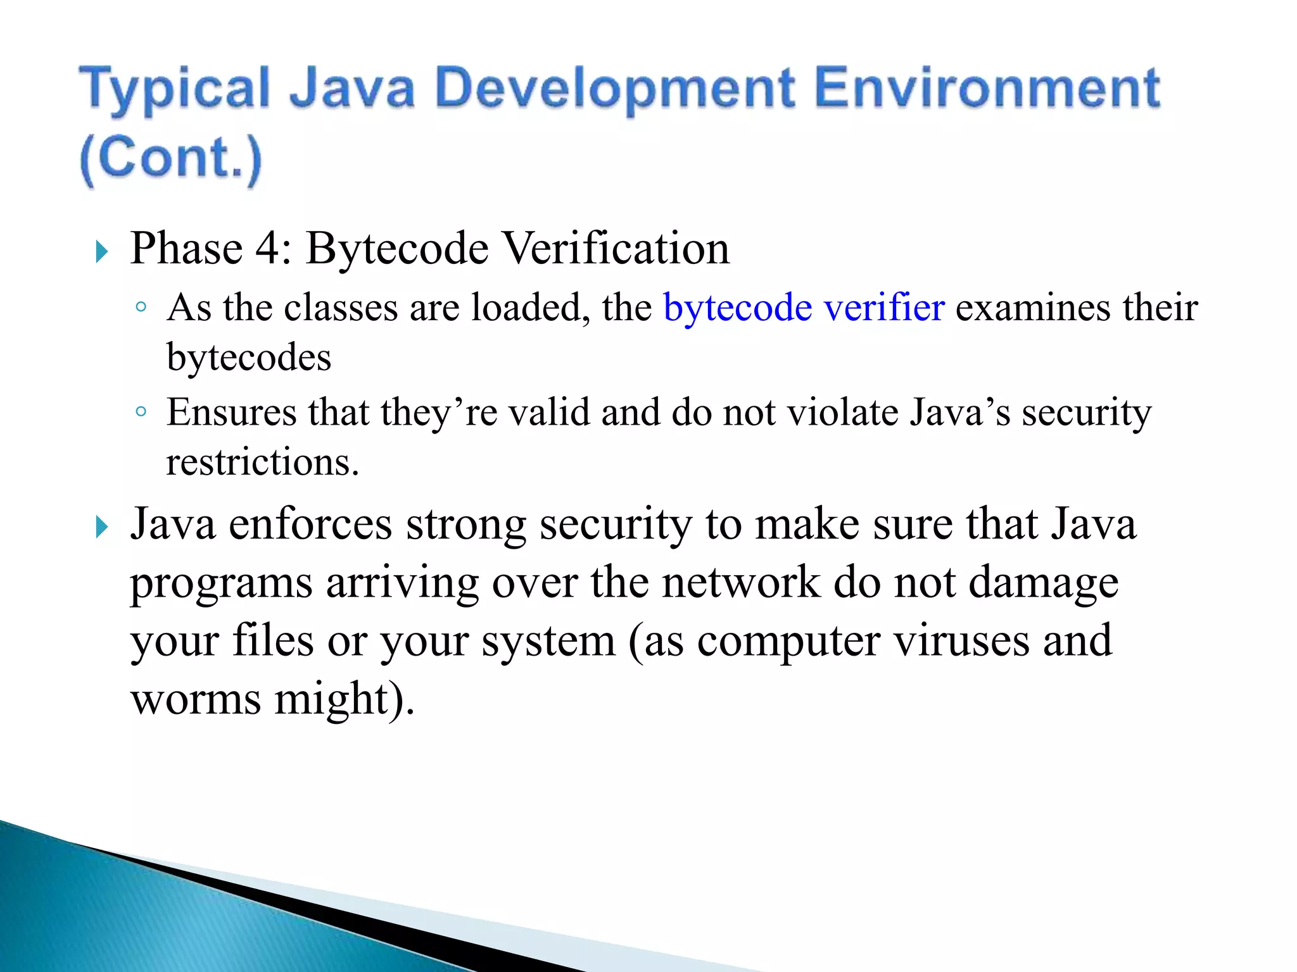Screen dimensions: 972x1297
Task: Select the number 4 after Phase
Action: point(269,248)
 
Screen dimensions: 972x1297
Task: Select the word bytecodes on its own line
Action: point(248,358)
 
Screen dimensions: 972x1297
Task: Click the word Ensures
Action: point(231,413)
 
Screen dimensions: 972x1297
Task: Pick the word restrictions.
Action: point(262,462)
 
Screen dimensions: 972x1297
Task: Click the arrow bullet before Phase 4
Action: point(101,252)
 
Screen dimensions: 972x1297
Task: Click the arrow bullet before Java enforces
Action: point(101,526)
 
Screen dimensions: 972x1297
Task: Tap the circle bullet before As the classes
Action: point(141,308)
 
